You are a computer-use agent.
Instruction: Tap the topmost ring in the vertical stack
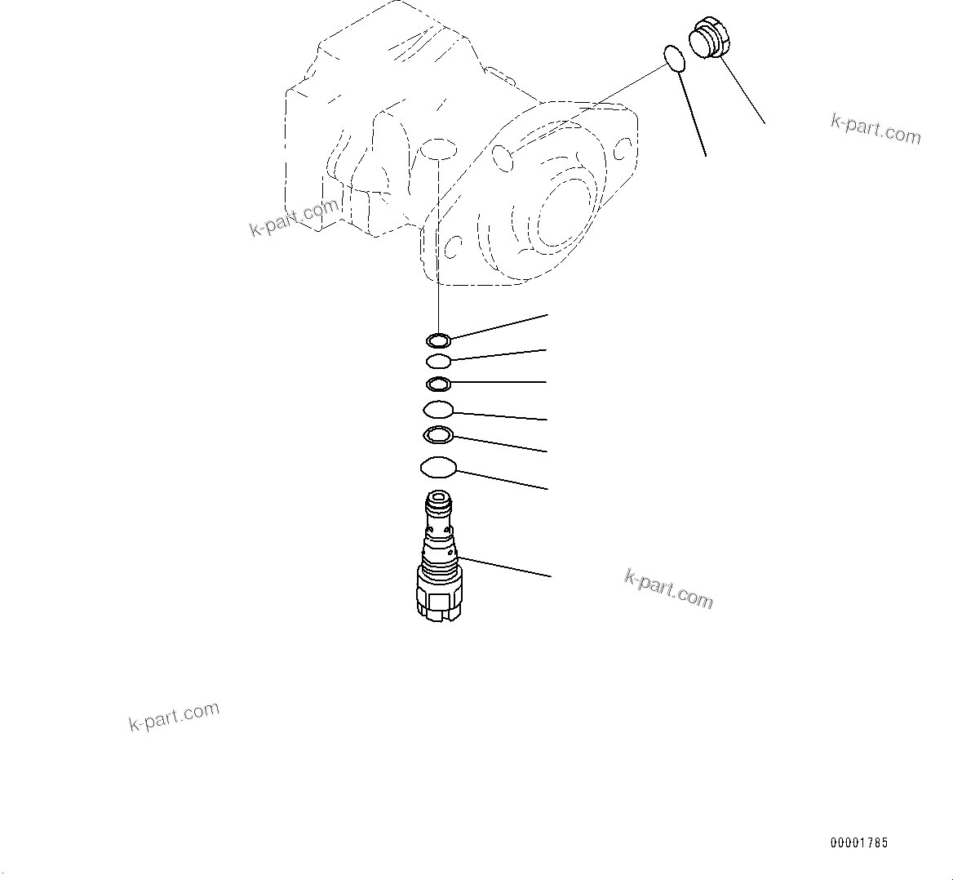(x=438, y=340)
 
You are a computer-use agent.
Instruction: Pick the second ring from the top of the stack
(x=438, y=361)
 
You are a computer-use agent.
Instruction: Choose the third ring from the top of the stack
(x=438, y=384)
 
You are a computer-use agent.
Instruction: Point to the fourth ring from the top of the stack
(x=438, y=409)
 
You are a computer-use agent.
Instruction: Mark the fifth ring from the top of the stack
(x=438, y=435)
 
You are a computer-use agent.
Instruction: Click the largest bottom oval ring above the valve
(x=438, y=468)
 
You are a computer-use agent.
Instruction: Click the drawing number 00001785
(x=859, y=843)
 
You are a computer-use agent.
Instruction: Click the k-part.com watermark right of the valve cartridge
(x=669, y=589)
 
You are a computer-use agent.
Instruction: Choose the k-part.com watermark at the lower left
(x=174, y=716)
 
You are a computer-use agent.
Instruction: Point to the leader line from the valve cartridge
(x=506, y=567)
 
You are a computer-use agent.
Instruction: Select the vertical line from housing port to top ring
(x=439, y=245)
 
